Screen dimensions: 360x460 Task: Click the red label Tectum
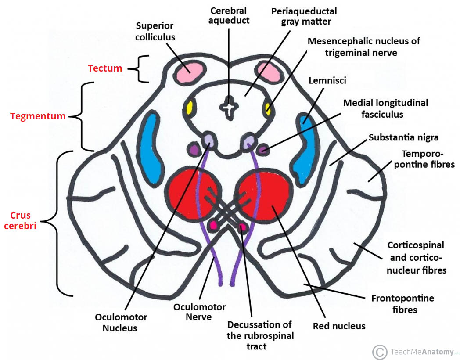tap(105, 68)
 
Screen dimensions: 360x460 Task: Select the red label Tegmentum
tap(38, 116)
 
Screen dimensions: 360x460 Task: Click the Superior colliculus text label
tap(155, 32)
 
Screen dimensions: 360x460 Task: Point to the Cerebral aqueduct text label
tap(229, 15)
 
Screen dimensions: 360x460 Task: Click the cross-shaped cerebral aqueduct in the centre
tap(228, 108)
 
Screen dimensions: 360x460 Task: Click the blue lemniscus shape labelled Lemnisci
tap(303, 149)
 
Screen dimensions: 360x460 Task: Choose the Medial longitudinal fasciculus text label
tap(385, 108)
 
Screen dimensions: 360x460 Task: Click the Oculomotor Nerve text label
tap(199, 312)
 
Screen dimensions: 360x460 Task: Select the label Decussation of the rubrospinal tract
tap(260, 336)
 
